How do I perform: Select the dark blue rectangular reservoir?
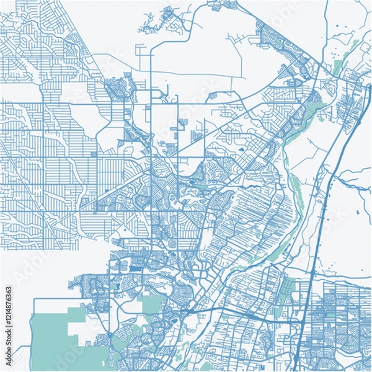(x=134, y=268)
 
